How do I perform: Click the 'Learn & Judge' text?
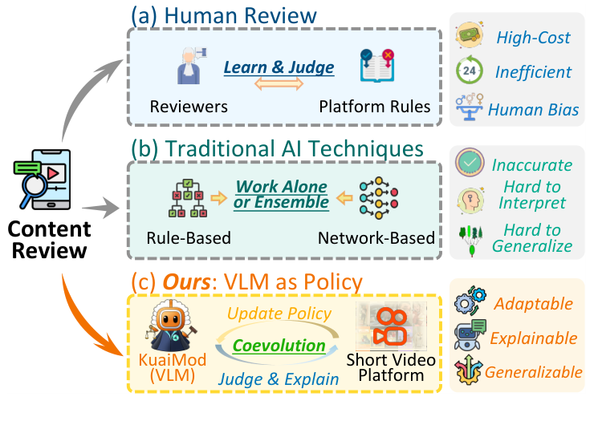coord(279,67)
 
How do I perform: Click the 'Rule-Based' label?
coord(188,238)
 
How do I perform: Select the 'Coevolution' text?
coord(279,346)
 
